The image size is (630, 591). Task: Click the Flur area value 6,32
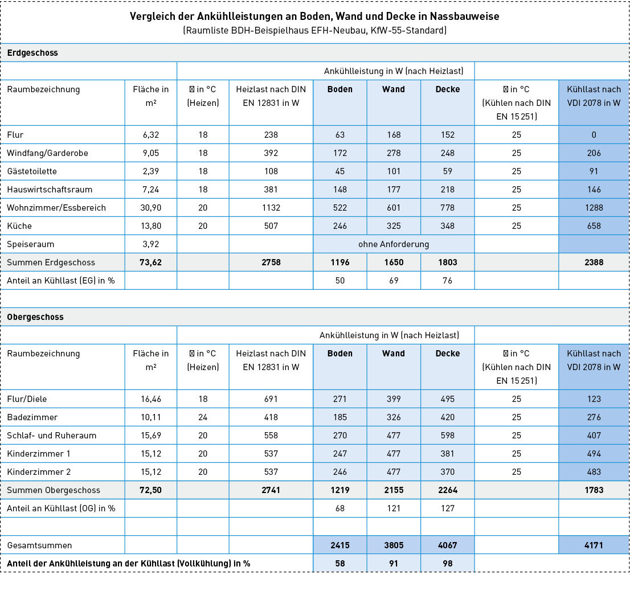coord(151,135)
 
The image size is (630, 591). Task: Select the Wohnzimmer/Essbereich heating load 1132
coord(271,208)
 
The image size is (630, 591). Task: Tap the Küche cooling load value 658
coord(594,226)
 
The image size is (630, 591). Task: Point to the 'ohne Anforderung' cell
coord(394,244)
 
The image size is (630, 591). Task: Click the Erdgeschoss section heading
coord(32,53)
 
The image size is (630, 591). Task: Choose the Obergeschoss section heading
coord(35,317)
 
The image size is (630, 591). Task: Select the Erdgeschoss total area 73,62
coord(151,262)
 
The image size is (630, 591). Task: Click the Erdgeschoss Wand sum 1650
coord(394,262)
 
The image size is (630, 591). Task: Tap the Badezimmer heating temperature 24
coord(203,417)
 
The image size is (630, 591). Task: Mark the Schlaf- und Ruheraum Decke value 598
coord(447,436)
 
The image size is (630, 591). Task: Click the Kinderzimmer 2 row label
coord(39,472)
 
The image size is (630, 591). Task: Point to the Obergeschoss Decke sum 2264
coord(447,490)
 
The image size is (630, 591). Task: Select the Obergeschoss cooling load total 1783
coord(594,490)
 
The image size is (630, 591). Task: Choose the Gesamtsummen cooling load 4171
coord(594,545)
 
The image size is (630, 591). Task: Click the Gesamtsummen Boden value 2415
coord(340,545)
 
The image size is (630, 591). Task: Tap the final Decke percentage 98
coord(447,563)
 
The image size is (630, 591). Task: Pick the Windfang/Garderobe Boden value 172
coord(340,153)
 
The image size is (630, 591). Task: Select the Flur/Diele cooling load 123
coord(594,399)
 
